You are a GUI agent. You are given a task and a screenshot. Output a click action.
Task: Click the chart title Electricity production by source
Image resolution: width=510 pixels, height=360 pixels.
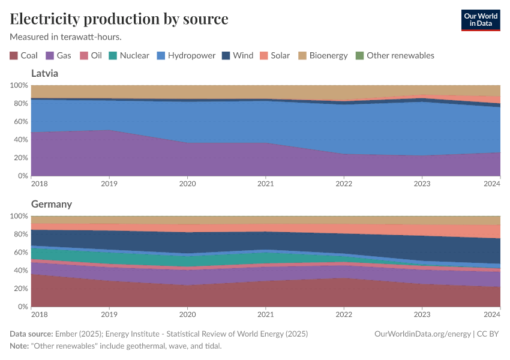119,19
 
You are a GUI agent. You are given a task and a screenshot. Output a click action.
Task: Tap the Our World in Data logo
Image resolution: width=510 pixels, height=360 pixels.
480,20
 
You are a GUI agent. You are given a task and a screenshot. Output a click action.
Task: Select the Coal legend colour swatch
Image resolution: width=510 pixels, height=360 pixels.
14,56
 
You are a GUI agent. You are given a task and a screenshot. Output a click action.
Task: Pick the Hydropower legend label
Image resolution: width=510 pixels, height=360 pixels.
191,55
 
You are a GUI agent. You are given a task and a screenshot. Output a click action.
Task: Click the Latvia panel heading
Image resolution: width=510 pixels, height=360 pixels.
44,73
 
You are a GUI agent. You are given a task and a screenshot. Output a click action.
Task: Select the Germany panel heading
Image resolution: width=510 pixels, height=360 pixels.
51,204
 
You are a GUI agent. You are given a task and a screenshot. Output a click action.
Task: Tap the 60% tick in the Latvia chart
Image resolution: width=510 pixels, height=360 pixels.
20,122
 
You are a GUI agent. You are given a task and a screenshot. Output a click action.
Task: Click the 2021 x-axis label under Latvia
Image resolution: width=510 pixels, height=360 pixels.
265,184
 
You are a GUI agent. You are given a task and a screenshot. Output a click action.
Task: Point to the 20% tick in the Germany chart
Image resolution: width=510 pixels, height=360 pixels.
20,289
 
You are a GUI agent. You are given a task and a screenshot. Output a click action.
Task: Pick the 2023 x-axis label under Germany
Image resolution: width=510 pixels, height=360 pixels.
422,314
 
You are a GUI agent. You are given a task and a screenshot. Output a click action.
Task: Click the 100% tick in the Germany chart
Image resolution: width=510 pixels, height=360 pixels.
19,216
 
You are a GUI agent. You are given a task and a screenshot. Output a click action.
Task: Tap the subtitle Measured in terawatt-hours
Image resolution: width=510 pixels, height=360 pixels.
65,37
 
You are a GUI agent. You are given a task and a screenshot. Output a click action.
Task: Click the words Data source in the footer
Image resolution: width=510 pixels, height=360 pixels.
31,334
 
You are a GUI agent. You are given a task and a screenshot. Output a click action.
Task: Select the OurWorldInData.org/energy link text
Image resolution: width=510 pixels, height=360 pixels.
421,334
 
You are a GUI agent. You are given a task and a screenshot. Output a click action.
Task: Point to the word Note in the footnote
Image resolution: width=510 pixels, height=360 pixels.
19,346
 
